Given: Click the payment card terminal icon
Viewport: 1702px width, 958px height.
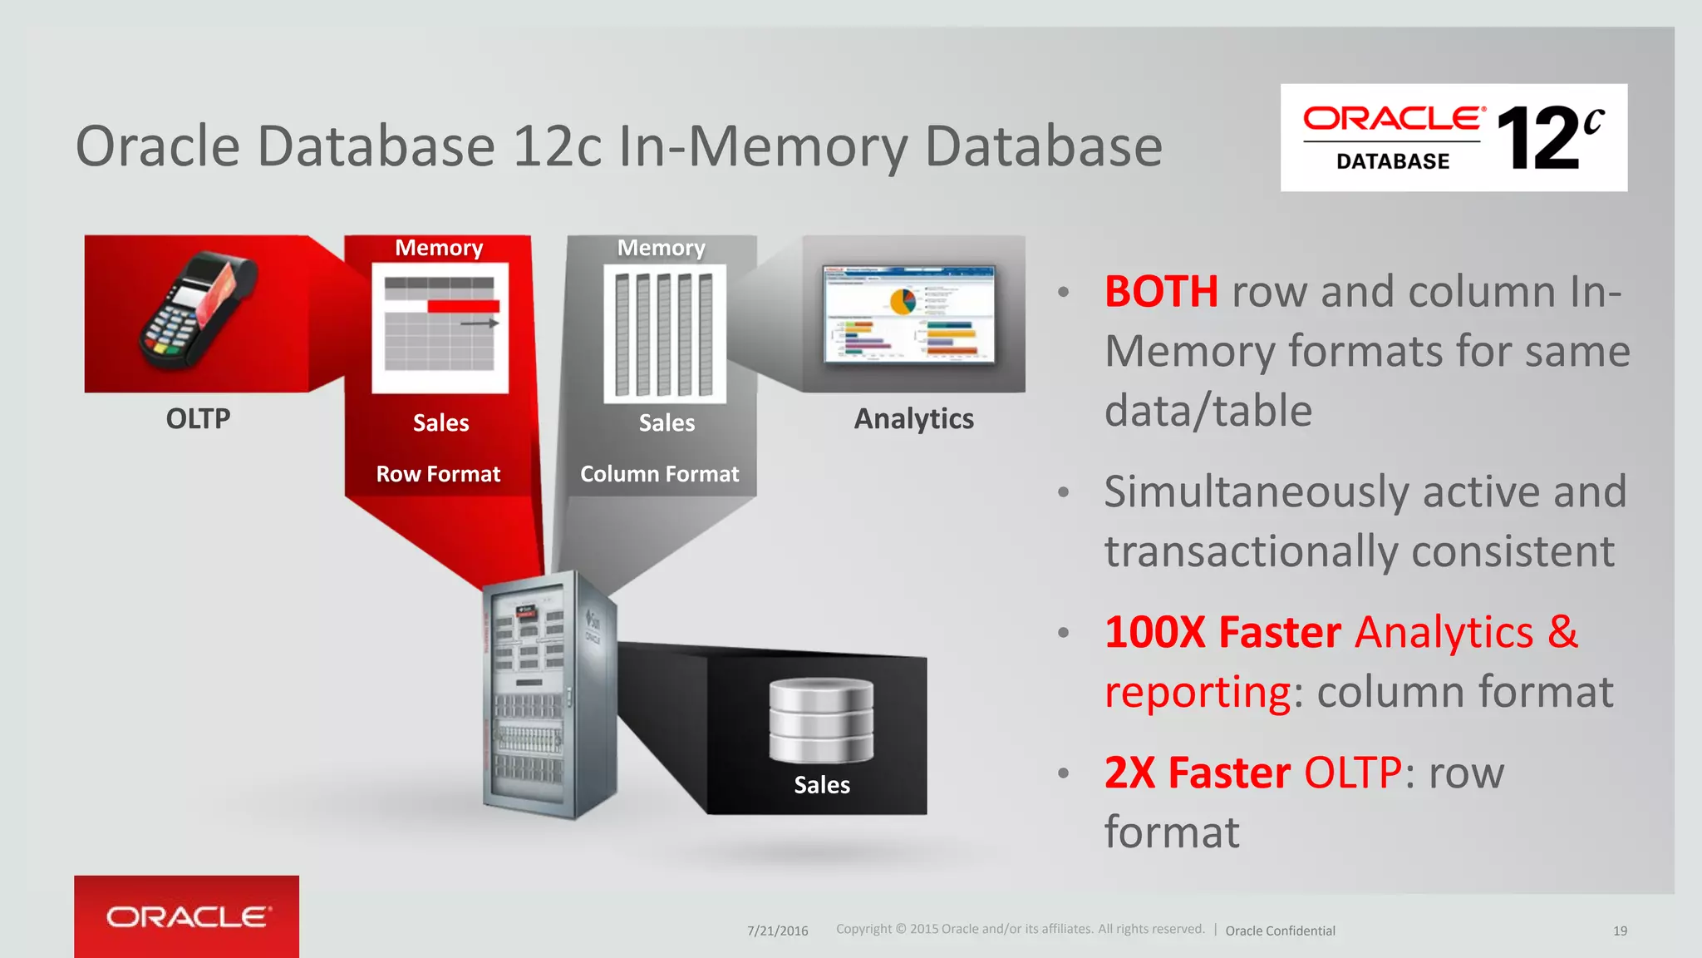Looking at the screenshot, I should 198,312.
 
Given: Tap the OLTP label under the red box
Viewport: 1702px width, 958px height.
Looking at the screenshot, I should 198,418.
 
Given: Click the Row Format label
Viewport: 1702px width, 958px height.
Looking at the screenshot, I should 438,474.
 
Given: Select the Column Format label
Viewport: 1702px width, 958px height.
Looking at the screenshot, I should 659,474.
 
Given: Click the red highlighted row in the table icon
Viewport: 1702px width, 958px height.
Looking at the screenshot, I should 463,307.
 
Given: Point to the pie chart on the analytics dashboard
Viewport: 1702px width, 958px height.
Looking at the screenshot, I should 903,300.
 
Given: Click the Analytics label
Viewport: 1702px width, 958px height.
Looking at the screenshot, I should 913,419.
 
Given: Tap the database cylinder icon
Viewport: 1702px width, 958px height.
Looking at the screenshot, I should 821,720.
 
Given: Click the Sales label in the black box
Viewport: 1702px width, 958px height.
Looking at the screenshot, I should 821,785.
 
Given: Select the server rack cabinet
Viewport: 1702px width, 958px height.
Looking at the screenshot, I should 548,694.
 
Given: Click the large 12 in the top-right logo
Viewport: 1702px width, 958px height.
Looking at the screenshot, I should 1537,140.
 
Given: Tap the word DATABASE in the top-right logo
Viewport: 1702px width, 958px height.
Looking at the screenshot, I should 1393,161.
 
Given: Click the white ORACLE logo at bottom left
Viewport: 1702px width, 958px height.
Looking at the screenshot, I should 188,916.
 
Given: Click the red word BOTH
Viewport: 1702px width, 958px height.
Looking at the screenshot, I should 1161,292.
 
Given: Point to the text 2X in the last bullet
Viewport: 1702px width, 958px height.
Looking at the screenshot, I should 1129,773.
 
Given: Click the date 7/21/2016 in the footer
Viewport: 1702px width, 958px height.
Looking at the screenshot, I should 777,931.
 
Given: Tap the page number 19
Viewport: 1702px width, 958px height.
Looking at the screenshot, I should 1620,931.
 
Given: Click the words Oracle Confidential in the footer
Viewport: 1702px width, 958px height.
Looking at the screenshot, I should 1280,931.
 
